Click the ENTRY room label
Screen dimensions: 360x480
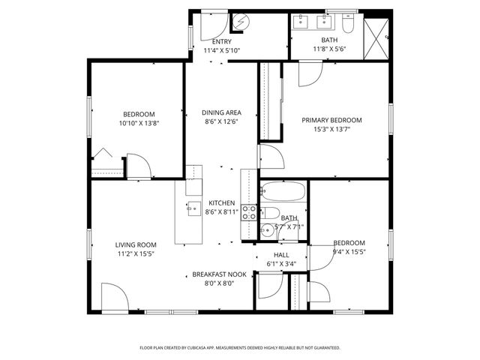click(221, 41)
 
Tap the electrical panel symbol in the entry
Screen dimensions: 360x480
click(240, 22)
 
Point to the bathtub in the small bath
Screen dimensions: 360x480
click(283, 192)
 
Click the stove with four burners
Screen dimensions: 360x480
click(249, 211)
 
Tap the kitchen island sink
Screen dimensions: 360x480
click(193, 209)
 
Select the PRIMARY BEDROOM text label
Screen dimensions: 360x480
click(331, 120)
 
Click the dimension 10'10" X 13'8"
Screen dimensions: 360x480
click(139, 123)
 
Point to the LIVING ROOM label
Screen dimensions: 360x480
click(136, 244)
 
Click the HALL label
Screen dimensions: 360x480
click(281, 255)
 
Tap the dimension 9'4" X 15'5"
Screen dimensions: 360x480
click(349, 252)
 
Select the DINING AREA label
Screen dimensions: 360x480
click(221, 113)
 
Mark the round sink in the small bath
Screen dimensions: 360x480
click(266, 231)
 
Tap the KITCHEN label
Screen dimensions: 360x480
click(221, 203)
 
